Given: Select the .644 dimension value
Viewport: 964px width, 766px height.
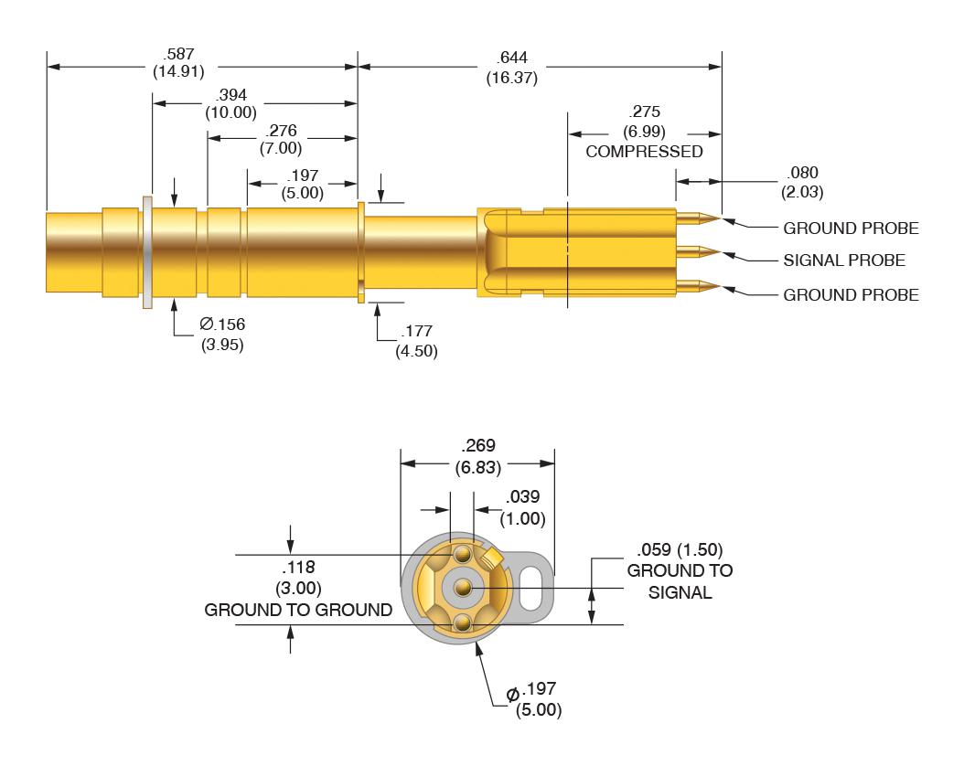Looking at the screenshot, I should click(x=511, y=58).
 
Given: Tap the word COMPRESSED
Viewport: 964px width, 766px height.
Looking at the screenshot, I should click(x=644, y=151).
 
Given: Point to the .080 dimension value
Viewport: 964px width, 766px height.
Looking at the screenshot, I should click(x=799, y=173).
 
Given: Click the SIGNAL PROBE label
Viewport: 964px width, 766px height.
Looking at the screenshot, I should click(x=843, y=261).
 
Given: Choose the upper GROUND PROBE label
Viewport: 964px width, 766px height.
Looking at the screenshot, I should click(x=851, y=228).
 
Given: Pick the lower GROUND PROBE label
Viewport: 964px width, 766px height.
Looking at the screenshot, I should click(x=851, y=294).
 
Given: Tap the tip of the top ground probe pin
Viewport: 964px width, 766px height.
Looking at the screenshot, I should click(x=718, y=219).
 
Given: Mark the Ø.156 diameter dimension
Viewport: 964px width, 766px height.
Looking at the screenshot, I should click(x=222, y=324).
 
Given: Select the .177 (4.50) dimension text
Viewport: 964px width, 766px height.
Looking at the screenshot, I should click(x=415, y=340).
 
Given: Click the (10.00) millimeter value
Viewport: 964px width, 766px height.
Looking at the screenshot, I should click(x=230, y=112).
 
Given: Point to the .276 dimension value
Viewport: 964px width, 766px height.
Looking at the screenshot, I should click(x=280, y=131).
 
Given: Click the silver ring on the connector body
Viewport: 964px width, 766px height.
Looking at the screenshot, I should click(x=147, y=251).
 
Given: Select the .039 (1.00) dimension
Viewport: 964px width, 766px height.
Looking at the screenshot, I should click(x=525, y=506).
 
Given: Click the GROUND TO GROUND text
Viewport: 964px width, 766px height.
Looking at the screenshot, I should click(x=298, y=610).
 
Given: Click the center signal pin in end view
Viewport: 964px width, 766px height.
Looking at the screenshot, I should click(x=464, y=586).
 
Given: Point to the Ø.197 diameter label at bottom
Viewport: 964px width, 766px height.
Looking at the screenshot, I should click(x=537, y=697).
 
